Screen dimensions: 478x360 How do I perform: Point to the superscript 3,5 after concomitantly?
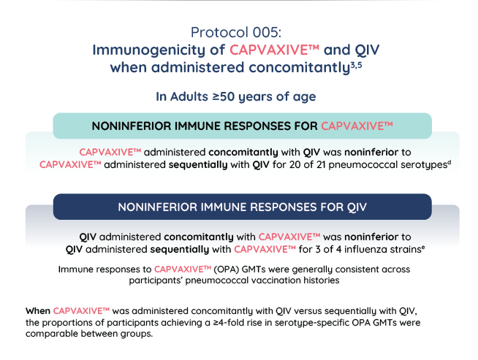coord(357,65)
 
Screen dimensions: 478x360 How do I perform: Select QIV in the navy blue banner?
coord(357,207)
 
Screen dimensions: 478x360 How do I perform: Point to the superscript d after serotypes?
coord(449,161)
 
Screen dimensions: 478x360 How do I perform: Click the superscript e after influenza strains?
coord(423,247)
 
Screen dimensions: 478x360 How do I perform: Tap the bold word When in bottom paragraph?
coord(38,311)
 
